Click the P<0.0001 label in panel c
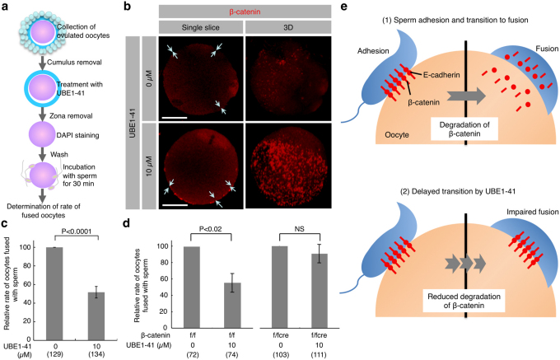(x=76, y=231)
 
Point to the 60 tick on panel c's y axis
(x=27, y=284)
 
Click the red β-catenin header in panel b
(x=245, y=12)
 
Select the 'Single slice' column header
(x=200, y=27)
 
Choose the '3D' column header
(x=288, y=27)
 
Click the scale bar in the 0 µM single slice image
(x=175, y=117)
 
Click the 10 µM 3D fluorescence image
(x=288, y=166)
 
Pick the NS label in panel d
(x=299, y=229)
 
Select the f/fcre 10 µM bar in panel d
(x=320, y=291)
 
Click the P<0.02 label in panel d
(x=211, y=229)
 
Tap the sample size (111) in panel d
(x=320, y=355)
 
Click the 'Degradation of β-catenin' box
(x=464, y=129)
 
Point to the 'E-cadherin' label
(x=441, y=75)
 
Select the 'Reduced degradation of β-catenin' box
(x=464, y=301)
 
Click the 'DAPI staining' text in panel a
(x=77, y=135)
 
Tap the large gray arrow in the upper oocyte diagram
(x=466, y=96)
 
